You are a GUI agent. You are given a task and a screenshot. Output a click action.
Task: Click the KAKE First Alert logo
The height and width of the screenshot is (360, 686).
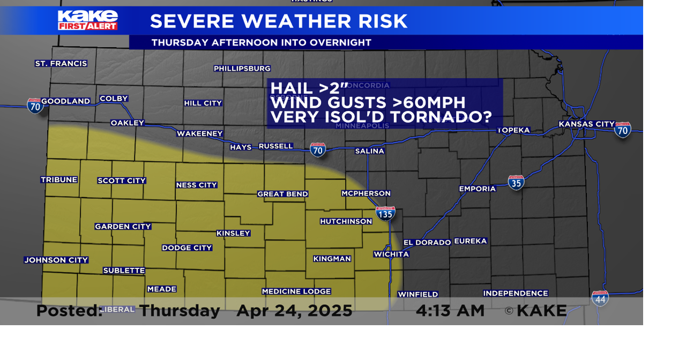(x=88, y=20)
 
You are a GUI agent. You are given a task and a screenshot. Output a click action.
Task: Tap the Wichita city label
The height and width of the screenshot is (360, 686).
(x=391, y=254)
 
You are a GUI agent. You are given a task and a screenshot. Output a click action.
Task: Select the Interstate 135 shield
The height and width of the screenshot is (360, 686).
(x=385, y=213)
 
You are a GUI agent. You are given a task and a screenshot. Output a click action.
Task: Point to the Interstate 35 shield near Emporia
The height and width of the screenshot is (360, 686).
(x=516, y=182)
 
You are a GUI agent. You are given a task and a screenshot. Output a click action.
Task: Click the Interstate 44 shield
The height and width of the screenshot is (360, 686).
(x=600, y=298)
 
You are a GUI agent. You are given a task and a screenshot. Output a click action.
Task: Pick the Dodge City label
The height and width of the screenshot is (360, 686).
(x=187, y=247)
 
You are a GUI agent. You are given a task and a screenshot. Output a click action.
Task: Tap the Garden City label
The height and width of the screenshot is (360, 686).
(x=123, y=227)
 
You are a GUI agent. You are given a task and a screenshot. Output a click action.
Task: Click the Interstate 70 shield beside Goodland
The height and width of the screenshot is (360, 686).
(x=35, y=106)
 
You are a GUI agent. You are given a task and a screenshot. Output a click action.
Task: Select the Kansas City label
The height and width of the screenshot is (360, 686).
(x=586, y=124)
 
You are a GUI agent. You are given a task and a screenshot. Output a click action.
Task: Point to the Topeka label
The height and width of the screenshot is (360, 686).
(x=513, y=130)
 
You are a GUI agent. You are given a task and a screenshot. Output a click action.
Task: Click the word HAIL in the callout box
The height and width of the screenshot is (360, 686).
(x=292, y=88)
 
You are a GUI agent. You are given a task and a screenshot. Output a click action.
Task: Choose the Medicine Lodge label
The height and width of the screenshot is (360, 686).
(x=296, y=291)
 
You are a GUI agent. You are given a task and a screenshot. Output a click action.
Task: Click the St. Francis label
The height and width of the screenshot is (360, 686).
(x=61, y=64)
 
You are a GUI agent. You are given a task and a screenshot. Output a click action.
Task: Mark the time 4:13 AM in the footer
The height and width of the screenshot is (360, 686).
(x=450, y=311)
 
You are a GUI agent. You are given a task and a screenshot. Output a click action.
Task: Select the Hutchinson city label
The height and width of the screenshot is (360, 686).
(x=346, y=221)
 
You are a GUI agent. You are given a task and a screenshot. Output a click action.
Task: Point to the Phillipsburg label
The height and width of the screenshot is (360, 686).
(x=242, y=69)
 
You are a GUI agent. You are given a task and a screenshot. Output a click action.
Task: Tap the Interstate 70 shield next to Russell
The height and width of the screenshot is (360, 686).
(x=318, y=149)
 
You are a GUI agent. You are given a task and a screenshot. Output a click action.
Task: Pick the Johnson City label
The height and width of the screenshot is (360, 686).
(x=56, y=260)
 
